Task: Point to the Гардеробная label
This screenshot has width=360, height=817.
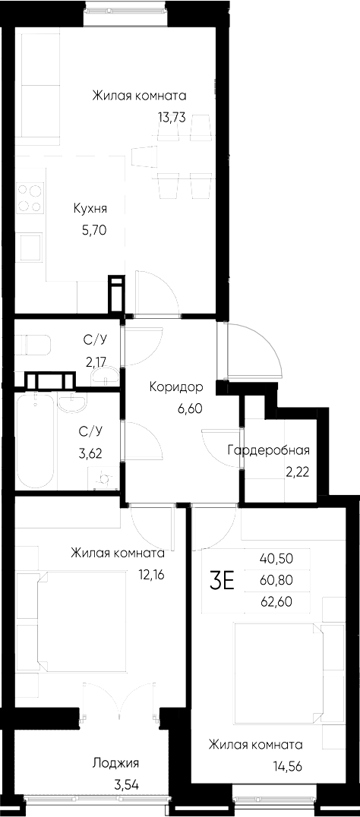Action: coord(268,450)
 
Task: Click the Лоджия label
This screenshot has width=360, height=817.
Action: coord(115,763)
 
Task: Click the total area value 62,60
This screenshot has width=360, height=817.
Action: coord(276,602)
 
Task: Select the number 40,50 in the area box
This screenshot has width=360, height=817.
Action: coord(276,558)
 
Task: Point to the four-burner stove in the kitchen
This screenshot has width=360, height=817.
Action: coord(30,197)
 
